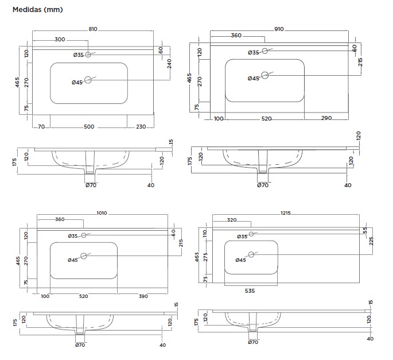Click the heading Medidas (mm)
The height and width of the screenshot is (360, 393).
pyautogui.click(x=37, y=10)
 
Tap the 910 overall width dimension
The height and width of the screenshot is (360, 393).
pyautogui.click(x=279, y=29)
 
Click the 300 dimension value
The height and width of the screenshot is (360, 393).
pyautogui.click(x=60, y=40)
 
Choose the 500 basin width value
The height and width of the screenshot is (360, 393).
pyautogui.click(x=89, y=127)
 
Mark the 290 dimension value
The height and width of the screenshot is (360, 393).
pyautogui.click(x=326, y=119)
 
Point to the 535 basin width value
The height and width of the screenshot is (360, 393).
pyautogui.click(x=250, y=291)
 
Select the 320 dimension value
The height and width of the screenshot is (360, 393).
pyautogui.click(x=232, y=220)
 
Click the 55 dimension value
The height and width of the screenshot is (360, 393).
pyautogui.click(x=364, y=230)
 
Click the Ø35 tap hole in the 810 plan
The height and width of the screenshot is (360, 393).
pyautogui.click(x=88, y=55)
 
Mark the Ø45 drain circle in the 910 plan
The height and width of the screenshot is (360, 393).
pyautogui.click(x=264, y=75)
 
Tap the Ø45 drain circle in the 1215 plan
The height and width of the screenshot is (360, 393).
pyautogui.click(x=251, y=254)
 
